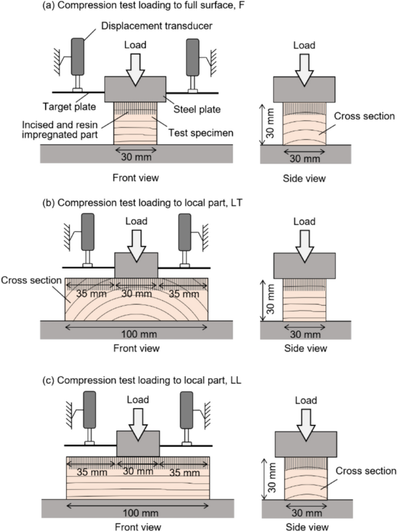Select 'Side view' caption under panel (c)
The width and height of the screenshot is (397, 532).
[305, 525]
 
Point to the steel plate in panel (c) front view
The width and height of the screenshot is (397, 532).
[137, 443]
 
